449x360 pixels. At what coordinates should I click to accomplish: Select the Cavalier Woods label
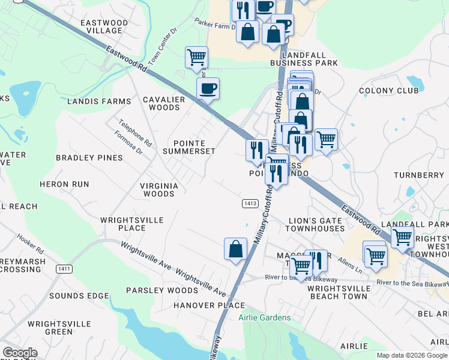[x=161, y=104]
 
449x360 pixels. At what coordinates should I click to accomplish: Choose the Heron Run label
[x=64, y=184]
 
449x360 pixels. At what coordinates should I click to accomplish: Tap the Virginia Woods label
[x=159, y=190]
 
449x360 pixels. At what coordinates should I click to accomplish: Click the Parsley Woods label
[x=154, y=290]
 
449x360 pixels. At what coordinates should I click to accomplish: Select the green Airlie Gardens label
[x=264, y=317]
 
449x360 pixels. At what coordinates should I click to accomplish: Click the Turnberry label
[x=418, y=175]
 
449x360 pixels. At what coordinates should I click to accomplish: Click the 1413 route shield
[x=251, y=204]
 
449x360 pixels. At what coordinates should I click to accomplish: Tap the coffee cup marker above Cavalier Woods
[x=208, y=89]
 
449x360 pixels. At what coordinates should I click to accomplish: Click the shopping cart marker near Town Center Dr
[x=196, y=58]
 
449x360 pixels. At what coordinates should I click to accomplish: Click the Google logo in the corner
[x=20, y=352]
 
